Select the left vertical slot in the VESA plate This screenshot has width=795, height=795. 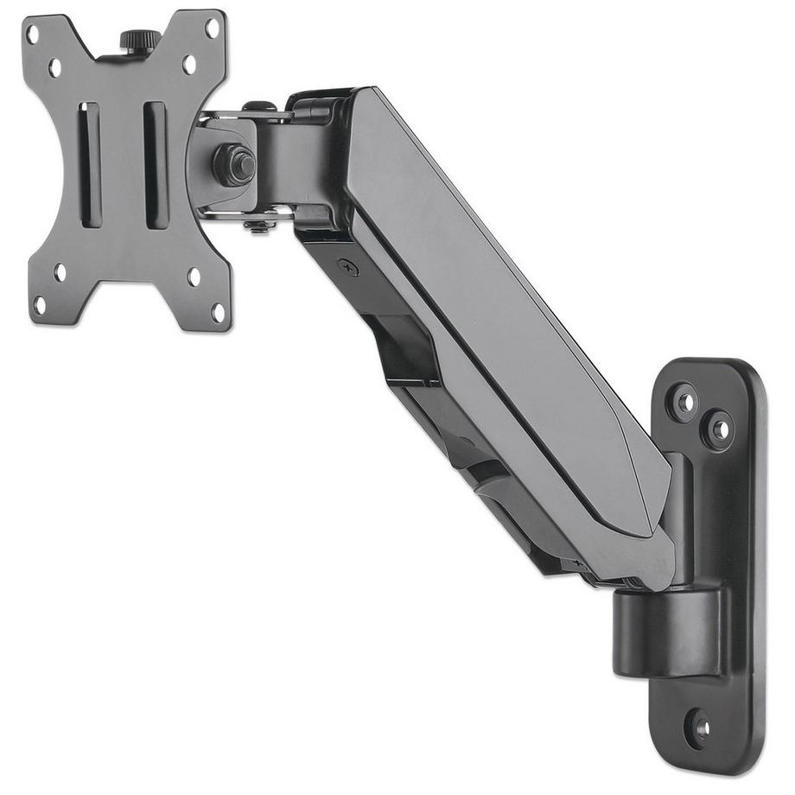[x=91, y=165]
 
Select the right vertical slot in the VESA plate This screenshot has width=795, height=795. [x=156, y=165]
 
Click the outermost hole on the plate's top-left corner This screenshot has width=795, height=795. [x=33, y=35]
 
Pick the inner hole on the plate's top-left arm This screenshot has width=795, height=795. [x=55, y=67]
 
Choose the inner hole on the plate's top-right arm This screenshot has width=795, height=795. [x=189, y=64]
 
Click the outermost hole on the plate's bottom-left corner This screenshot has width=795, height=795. [x=40, y=305]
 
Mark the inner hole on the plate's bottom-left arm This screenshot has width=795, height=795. [x=60, y=272]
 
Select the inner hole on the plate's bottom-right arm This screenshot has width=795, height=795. [x=194, y=277]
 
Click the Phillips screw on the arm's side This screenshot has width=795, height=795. [x=349, y=269]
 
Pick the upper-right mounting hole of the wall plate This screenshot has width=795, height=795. [x=719, y=429]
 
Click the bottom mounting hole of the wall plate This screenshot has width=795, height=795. [x=700, y=728]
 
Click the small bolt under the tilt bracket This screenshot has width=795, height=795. [x=260, y=226]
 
